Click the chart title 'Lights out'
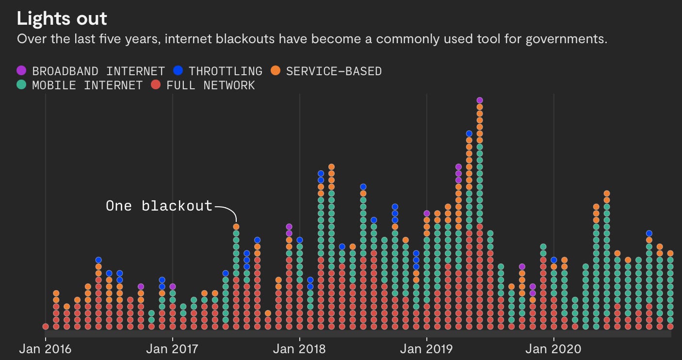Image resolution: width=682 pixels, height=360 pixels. [x=62, y=19]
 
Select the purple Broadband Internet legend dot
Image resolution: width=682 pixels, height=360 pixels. [x=21, y=71]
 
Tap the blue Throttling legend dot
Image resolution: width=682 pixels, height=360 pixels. [x=178, y=71]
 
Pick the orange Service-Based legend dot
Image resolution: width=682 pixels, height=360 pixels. [x=276, y=71]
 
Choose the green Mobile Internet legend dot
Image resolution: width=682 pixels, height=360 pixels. [x=21, y=85]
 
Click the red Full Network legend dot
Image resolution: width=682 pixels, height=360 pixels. [x=156, y=85]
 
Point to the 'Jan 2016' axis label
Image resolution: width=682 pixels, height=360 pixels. [x=45, y=349]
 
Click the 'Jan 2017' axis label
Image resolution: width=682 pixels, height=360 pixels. [x=172, y=349]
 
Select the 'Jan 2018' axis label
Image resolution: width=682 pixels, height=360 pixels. [x=299, y=349]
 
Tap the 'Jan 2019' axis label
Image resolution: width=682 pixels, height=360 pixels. [x=426, y=349]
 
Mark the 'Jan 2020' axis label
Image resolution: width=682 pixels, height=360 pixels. [x=553, y=349]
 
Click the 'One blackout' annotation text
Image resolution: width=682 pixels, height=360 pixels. [x=159, y=206]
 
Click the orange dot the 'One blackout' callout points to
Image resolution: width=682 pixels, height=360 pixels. [x=236, y=227]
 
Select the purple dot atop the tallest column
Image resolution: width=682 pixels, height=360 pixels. [x=479, y=100]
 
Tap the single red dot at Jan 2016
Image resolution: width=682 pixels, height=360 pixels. [x=46, y=327]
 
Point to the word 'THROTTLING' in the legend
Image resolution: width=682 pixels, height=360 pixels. [x=226, y=71]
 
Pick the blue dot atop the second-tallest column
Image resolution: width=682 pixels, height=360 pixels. [x=469, y=133]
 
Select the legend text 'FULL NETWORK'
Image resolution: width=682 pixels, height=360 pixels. [x=211, y=86]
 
